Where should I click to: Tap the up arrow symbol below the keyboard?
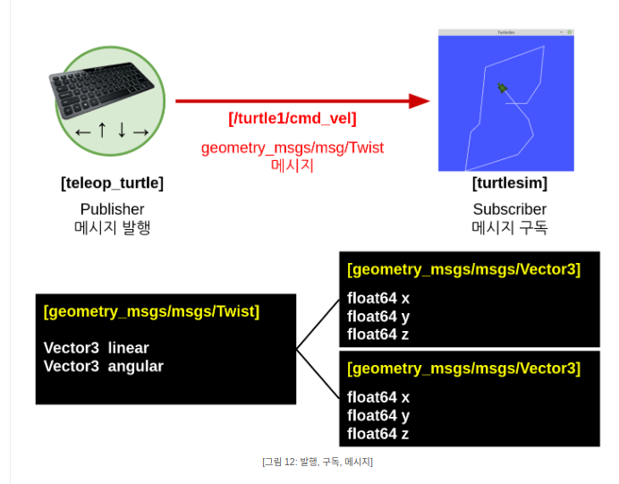[x=102, y=131]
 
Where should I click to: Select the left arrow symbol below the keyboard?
[x=83, y=132]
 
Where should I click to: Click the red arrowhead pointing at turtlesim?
[x=420, y=101]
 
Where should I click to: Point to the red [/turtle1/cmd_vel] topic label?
[x=293, y=118]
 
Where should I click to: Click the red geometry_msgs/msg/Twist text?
[x=293, y=148]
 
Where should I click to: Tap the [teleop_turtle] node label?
[x=112, y=183]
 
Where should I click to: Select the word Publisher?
[x=112, y=209]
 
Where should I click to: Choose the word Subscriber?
[x=509, y=209]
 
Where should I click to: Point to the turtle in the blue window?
[x=503, y=88]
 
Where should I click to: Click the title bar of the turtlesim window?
[x=505, y=32]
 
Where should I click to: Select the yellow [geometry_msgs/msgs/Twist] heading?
[x=151, y=311]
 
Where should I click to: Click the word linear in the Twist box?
[x=128, y=347]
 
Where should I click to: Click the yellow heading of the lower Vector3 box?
[x=463, y=368]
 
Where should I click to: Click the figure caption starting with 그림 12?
[x=318, y=462]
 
